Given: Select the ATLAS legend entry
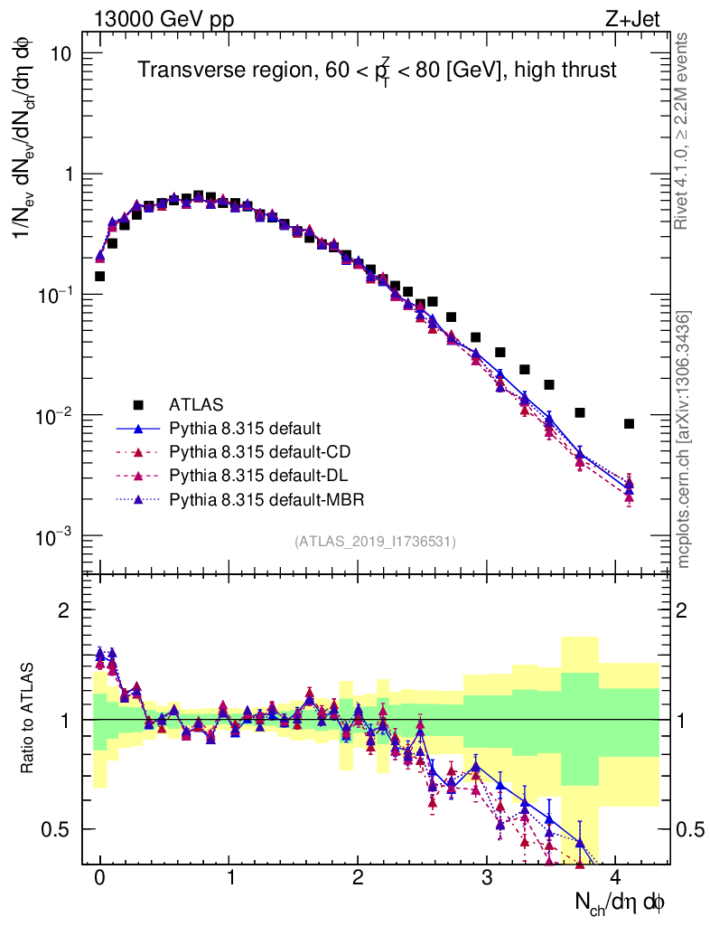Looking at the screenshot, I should (x=194, y=404).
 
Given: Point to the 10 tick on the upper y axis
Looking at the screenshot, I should (x=59, y=54).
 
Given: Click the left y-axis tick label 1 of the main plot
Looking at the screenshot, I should (x=66, y=175).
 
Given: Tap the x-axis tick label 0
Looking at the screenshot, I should (x=100, y=878).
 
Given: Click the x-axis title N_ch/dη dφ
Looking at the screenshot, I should (x=621, y=902).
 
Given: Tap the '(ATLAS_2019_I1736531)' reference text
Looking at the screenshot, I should (x=375, y=541).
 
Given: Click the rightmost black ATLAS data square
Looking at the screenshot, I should (x=629, y=423).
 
